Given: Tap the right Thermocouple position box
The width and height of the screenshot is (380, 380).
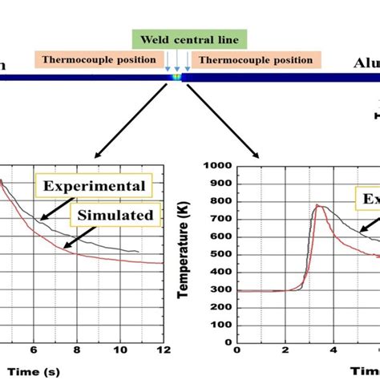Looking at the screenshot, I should [x=256, y=59].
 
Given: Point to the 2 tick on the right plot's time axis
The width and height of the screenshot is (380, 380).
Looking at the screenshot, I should [x=285, y=350].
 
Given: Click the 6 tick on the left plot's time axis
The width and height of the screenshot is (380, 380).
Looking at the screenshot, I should [x=33, y=350].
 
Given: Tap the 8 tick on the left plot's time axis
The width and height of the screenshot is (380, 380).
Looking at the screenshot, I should [x=76, y=350].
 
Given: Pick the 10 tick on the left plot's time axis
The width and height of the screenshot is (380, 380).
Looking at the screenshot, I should [x=119, y=350].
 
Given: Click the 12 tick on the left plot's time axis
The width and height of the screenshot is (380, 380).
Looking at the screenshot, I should [x=163, y=350].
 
